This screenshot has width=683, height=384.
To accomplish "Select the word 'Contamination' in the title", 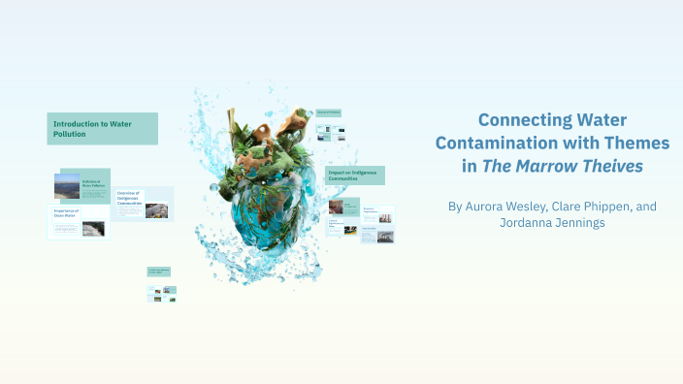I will click(x=519, y=143).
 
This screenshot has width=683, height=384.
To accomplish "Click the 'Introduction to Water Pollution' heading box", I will click(x=102, y=129).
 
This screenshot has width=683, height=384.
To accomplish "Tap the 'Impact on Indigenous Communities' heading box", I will click(x=355, y=176).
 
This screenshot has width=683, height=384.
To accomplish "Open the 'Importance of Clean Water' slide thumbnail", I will click(x=78, y=222).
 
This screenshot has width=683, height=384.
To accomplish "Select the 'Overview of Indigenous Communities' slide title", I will click(x=130, y=199).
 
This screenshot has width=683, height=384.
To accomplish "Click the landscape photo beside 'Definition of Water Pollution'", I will click(x=67, y=185).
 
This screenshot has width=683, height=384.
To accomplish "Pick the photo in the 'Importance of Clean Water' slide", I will click(x=93, y=229).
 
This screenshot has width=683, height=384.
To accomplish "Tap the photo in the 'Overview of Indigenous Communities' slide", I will click(x=156, y=208).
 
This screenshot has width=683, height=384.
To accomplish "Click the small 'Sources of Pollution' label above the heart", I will click(x=329, y=112).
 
